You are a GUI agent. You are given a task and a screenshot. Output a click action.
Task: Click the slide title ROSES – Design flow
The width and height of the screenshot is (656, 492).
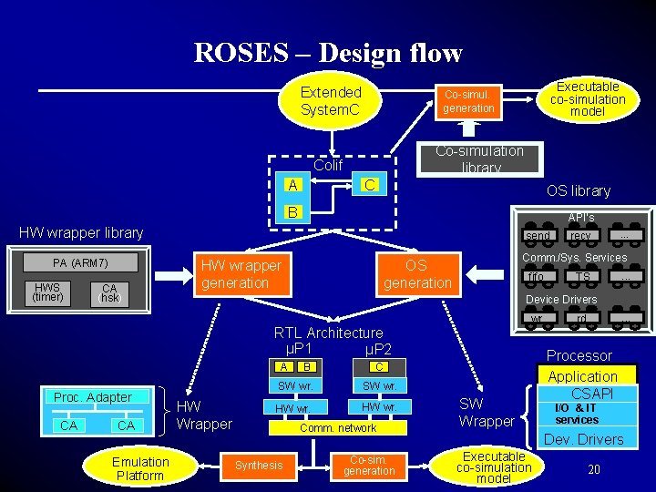(328, 54)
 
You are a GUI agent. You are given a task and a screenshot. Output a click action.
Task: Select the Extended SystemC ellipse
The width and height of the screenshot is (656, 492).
(331, 101)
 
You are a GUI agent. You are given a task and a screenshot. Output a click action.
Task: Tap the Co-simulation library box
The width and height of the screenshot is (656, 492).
(479, 159)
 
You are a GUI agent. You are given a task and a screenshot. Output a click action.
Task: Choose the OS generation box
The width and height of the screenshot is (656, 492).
(416, 273)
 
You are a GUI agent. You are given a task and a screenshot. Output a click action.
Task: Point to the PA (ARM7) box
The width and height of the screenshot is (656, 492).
(81, 263)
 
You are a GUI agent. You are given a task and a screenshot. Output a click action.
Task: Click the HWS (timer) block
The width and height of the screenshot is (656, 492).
(47, 292)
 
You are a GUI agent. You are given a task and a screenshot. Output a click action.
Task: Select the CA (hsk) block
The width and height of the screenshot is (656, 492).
(109, 293)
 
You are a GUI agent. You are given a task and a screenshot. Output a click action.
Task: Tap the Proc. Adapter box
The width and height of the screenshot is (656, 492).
(93, 397)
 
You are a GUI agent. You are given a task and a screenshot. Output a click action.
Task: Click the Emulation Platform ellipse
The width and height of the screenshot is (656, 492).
(140, 468)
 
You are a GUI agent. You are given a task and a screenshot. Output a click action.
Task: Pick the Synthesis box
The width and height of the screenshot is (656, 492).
(259, 466)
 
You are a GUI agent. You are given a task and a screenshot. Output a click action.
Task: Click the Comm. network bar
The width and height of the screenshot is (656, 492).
(338, 427)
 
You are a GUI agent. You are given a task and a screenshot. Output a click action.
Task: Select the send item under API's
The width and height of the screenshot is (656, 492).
(538, 236)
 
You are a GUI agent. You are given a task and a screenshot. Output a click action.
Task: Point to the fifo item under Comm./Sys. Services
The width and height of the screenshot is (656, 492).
(537, 277)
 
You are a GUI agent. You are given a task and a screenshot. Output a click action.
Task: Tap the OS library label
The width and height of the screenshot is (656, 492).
(578, 190)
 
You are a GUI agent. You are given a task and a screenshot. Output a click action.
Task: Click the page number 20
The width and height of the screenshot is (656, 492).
(593, 469)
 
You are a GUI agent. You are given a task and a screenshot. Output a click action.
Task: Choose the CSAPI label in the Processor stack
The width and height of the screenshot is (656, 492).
(591, 394)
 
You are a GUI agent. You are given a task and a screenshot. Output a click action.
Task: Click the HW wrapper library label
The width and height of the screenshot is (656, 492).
(82, 232)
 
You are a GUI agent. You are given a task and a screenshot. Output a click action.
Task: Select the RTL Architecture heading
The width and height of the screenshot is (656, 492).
(328, 333)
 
